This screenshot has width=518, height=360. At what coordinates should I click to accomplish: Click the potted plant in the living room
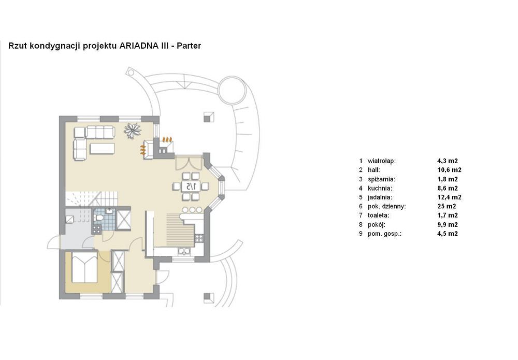pos(133,130)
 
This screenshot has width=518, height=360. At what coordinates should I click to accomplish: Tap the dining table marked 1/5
pos(191,186)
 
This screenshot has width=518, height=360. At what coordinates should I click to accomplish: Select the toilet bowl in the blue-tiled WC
pos(98,218)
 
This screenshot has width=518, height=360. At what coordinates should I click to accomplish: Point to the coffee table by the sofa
pos(102,148)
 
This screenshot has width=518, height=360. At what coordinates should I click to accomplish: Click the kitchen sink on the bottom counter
pos(184,252)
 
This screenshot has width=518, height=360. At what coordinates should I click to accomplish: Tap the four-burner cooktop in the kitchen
pos(199,238)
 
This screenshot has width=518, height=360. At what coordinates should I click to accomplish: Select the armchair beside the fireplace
pos(148,150)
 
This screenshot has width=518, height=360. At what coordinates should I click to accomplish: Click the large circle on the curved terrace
pos(232,90)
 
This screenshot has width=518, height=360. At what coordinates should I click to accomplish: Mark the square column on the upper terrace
pos(209,117)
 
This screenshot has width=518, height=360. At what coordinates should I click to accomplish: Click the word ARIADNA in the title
pos(138,46)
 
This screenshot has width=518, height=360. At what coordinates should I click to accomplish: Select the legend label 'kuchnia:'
pos(380,188)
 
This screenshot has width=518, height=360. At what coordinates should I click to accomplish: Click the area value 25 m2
pos(447,207)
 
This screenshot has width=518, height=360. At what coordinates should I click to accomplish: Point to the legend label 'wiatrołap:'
pos(382,161)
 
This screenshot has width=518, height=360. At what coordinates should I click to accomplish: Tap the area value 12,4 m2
pos(449,197)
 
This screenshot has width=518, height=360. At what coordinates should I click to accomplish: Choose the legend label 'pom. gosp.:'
pos(384,234)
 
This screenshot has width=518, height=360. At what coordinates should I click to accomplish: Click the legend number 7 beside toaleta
pos(361,215)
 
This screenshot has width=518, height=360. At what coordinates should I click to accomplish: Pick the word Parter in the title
pos(189,46)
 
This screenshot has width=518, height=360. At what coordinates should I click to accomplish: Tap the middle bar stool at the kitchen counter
pos(192,210)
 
